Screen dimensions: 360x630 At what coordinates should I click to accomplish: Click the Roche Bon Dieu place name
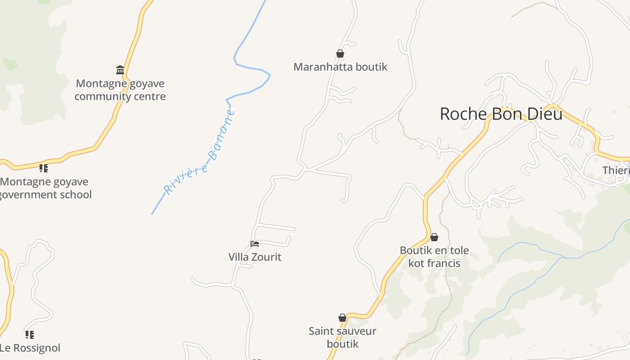coord(501,114)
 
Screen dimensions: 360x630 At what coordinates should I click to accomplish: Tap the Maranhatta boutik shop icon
coord(340,54)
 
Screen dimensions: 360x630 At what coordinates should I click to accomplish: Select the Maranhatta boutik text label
coord(340,67)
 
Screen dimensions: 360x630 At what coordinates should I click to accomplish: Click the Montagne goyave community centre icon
coord(120,70)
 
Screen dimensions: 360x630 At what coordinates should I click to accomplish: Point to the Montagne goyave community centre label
coord(120,90)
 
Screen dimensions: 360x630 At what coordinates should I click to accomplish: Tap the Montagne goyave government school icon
coord(43,168)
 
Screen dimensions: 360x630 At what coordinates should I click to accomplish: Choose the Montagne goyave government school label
coord(45,188)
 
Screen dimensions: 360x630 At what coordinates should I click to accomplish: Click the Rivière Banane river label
coord(199,153)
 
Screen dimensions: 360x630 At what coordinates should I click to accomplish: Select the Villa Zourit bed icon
coord(255,244)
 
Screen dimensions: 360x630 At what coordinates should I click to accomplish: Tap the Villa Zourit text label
coord(255,257)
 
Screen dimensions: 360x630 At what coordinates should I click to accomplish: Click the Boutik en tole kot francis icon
coord(434,237)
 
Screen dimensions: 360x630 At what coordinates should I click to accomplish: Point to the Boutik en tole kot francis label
coord(434,256)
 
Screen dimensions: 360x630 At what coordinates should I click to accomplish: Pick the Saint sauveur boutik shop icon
coord(342,318)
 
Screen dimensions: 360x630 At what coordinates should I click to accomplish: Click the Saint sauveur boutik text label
coord(342,337)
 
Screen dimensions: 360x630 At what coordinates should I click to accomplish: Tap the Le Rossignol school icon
coord(30,335)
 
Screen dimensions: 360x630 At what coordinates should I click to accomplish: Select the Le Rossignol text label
coord(30,348)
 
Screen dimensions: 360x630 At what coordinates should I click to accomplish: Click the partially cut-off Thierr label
coord(616,171)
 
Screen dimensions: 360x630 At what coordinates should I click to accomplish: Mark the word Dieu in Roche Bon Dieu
coord(544,114)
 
